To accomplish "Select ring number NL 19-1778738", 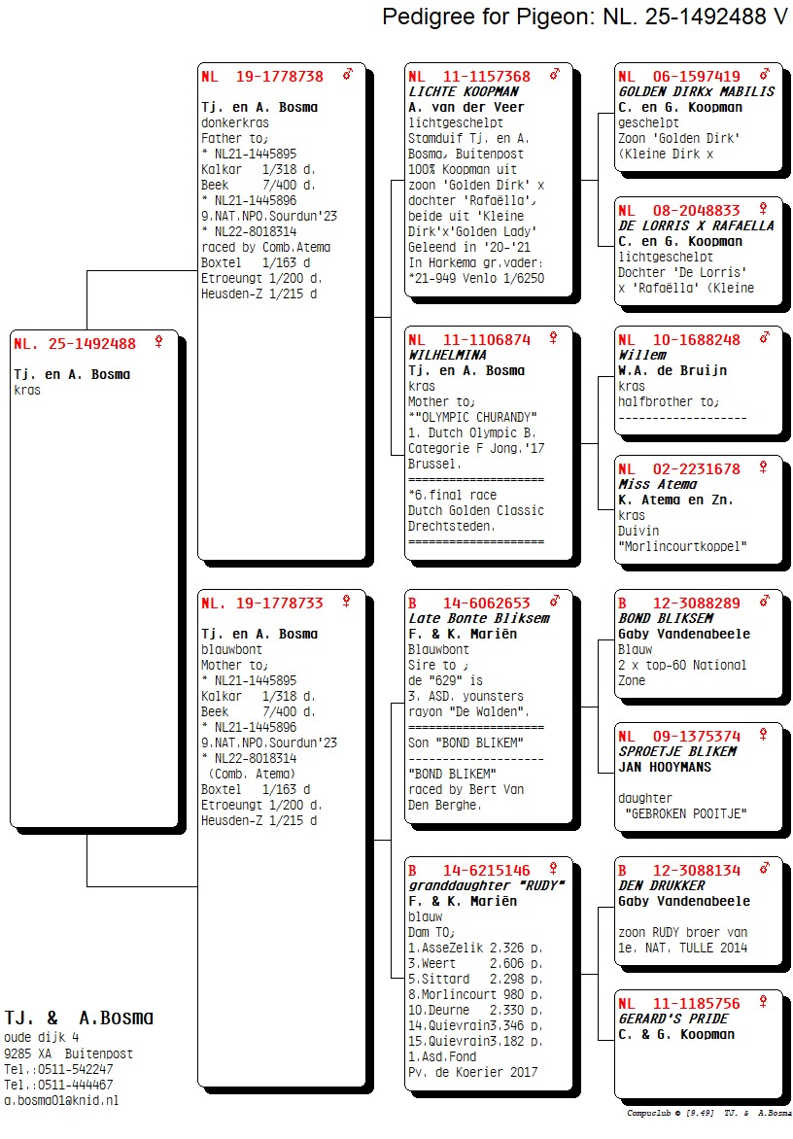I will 262,76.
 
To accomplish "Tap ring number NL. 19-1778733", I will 262,603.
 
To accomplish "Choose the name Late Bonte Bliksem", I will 478,618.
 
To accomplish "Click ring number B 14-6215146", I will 469,870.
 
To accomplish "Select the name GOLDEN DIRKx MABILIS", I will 697,91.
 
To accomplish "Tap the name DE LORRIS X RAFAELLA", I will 697,225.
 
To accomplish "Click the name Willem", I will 642,355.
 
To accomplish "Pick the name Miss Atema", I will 658,484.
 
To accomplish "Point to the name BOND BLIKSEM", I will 666,618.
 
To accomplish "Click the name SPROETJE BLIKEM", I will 677,751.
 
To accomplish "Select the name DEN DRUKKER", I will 662,885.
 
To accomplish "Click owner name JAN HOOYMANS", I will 665,767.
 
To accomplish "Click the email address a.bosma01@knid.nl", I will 61,1100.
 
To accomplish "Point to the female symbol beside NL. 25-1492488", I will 157,342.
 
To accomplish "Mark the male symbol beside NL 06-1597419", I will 765,74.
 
